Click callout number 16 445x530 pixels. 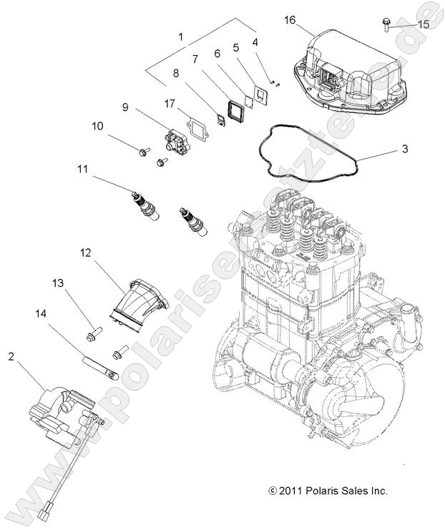pyautogui.click(x=290, y=20)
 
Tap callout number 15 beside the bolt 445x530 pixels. pyautogui.click(x=424, y=24)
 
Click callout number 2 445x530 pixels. pyautogui.click(x=11, y=355)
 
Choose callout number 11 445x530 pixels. pyautogui.click(x=84, y=170)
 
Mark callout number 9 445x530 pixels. pyautogui.click(x=124, y=107)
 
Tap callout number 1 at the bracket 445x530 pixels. pyautogui.click(x=180, y=36)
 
